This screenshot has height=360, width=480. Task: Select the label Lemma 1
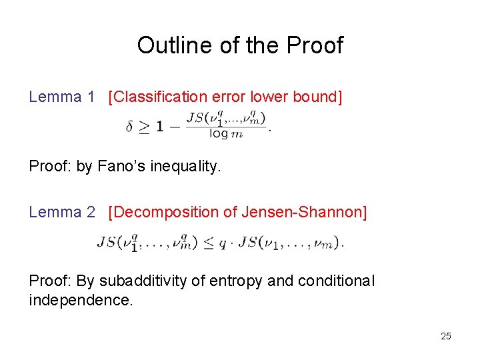[62, 97]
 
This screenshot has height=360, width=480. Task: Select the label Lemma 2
[62, 213]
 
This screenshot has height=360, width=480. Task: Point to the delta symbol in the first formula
[129, 127]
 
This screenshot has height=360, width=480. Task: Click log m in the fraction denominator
[226, 134]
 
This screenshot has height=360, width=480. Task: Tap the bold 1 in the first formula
[160, 127]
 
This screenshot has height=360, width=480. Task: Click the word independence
[81, 301]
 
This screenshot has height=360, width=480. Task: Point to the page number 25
[445, 336]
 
